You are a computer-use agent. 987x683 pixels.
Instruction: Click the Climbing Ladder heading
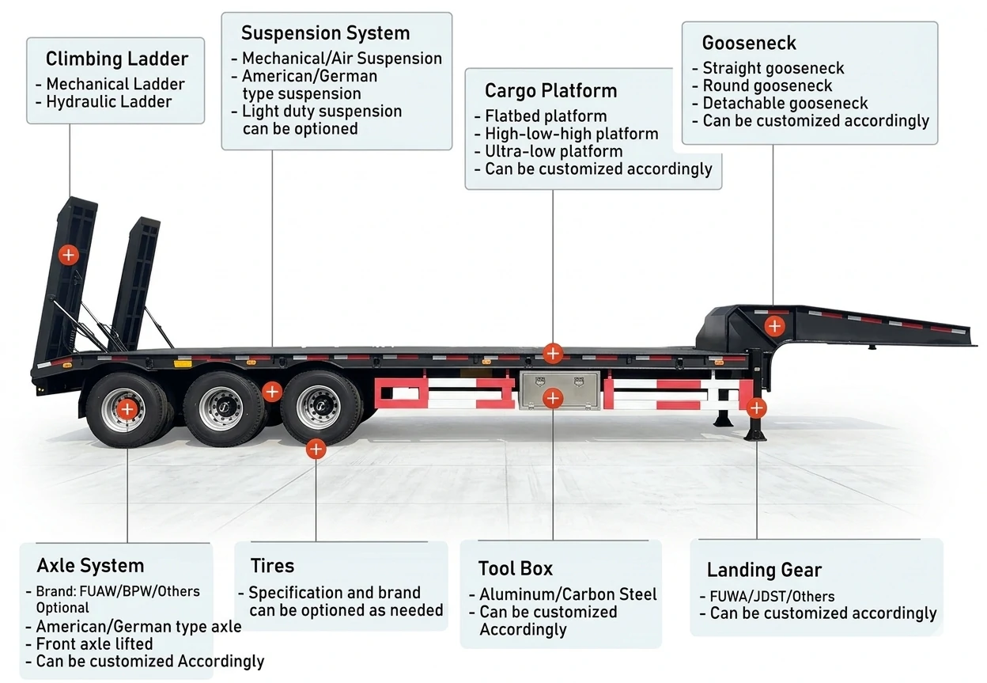116,59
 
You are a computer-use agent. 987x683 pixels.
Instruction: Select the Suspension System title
325,33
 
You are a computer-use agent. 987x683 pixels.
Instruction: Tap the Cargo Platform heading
550,91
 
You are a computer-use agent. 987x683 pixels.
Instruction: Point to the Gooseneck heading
748,43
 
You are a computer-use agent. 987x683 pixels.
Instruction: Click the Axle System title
90,566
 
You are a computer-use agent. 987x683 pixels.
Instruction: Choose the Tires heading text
272,566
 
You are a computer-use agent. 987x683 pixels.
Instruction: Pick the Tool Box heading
515,568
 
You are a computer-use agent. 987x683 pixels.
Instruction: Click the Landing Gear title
763,570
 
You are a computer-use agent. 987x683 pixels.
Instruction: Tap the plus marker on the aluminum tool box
553,398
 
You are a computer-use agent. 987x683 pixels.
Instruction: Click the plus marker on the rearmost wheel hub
127,409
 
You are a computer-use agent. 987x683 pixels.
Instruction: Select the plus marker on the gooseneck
774,325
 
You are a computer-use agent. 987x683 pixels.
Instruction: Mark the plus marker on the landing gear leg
756,408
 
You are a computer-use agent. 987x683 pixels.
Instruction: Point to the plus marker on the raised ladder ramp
69,254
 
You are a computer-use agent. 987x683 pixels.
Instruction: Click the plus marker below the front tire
316,450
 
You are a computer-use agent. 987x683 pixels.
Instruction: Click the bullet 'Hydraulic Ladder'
108,101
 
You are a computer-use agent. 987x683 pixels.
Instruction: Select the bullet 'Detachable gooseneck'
785,104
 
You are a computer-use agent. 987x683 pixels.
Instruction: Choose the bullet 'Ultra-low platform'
553,151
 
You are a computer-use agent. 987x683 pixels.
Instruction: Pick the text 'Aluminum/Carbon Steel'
567,594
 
